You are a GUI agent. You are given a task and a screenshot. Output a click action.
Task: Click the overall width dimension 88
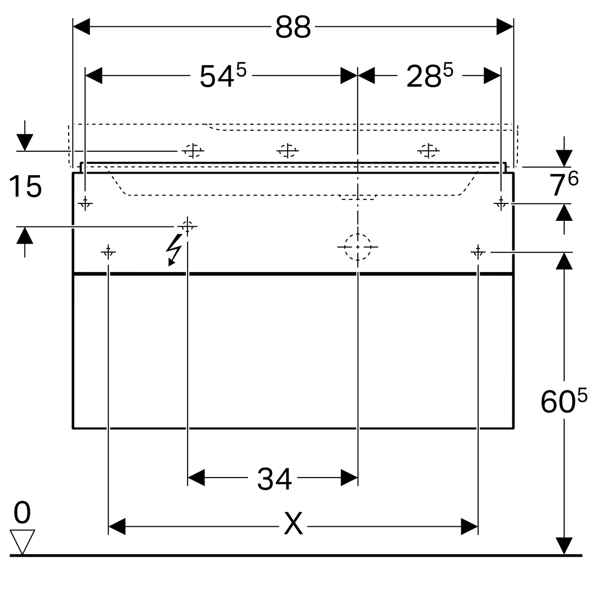tap(293, 27)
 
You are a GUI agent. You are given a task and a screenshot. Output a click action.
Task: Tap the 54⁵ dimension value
tap(223, 75)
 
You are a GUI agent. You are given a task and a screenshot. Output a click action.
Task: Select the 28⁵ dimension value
tap(430, 75)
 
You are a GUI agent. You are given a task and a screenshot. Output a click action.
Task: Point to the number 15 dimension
tap(25, 186)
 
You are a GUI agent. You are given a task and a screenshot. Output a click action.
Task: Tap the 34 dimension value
tap(274, 479)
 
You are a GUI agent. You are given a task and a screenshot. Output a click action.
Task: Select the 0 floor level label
tap(22, 512)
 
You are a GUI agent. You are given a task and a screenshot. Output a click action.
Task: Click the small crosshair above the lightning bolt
tap(188, 227)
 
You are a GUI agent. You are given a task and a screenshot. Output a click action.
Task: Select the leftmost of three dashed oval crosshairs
tap(193, 151)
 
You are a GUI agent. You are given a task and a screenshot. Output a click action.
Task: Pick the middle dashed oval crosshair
tap(288, 151)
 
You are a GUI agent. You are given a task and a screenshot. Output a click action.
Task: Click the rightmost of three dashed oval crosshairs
tap(428, 151)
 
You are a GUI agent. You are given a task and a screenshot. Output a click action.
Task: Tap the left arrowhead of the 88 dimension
tap(82, 27)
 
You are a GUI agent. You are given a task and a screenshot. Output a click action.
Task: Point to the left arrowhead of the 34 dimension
tap(196, 478)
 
